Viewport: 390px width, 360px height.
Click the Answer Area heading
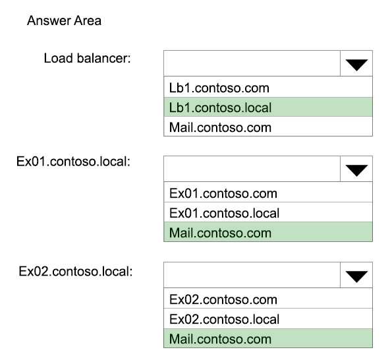tap(64, 20)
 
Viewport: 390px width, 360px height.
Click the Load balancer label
tap(88, 58)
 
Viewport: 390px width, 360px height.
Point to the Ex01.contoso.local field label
tap(73, 162)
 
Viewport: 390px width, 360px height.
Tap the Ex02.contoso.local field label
tap(76, 271)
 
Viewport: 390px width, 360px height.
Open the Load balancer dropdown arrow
tap(356, 65)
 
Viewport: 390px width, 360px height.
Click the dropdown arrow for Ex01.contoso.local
tap(356, 170)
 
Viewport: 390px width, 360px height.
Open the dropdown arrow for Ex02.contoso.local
tap(356, 276)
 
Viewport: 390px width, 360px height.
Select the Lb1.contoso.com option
tap(219, 88)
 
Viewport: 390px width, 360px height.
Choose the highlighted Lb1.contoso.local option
tap(220, 107)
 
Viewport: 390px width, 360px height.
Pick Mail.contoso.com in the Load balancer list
tap(220, 127)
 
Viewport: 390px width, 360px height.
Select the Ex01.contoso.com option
tap(223, 193)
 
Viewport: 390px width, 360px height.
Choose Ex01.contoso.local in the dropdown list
tap(225, 213)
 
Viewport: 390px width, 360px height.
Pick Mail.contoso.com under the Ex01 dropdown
tap(220, 233)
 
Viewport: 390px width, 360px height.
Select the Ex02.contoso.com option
tap(223, 299)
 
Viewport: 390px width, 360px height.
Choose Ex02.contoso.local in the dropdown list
tap(225, 319)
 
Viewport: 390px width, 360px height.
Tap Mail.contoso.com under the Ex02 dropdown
tap(220, 339)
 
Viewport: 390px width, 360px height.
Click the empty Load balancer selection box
tap(252, 63)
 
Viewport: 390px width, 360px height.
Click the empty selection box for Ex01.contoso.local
tap(252, 169)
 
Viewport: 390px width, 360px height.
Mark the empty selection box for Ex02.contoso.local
tap(252, 275)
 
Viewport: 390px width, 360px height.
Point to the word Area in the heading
tap(88, 20)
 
